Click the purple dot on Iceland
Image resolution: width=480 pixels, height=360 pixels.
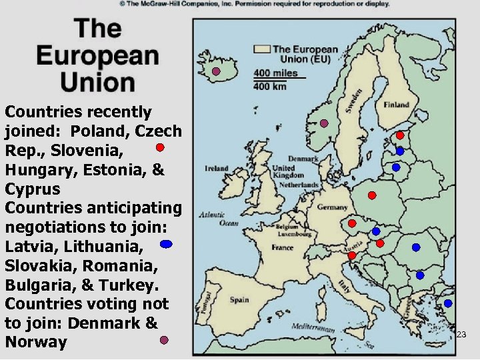click(x=216, y=72)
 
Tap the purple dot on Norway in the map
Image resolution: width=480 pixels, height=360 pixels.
click(x=324, y=123)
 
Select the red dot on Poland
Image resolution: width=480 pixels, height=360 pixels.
click(x=372, y=195)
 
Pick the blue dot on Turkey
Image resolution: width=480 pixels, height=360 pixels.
click(x=448, y=303)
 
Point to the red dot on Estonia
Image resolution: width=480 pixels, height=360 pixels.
click(x=400, y=135)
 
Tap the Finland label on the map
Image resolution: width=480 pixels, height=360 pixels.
click(x=397, y=105)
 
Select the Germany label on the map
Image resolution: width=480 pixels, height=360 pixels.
click(x=332, y=207)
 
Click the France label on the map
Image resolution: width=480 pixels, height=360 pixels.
click(x=282, y=247)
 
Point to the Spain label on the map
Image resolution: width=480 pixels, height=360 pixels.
click(x=239, y=300)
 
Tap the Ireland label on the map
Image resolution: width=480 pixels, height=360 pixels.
click(x=217, y=169)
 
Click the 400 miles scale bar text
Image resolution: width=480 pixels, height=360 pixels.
click(x=275, y=73)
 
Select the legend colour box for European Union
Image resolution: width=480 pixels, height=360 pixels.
click(x=262, y=49)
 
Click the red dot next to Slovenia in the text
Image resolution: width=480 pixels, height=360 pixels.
click(x=161, y=147)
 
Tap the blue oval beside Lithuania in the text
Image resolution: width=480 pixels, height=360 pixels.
click(x=167, y=245)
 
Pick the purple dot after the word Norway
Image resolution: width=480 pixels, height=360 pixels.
click(x=164, y=341)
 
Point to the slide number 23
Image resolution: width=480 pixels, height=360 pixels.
click(x=461, y=335)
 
